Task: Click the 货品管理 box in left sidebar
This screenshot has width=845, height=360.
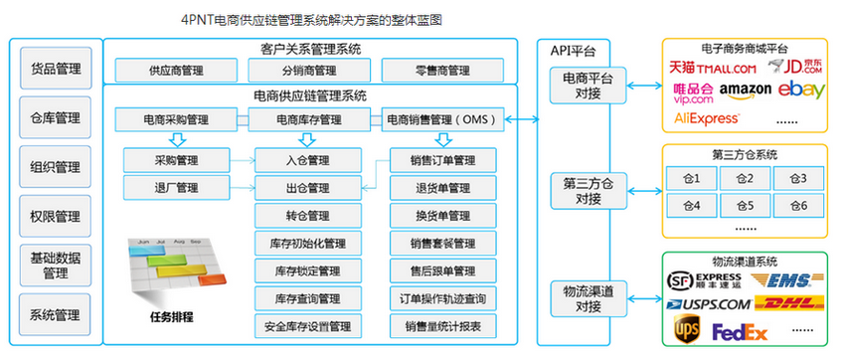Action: click(55, 70)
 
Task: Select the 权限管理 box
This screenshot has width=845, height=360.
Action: click(55, 216)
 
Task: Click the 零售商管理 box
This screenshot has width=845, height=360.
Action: click(439, 71)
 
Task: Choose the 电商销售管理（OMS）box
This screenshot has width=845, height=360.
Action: click(439, 120)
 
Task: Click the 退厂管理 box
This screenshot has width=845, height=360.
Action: click(176, 187)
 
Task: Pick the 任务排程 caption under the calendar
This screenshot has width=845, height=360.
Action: click(165, 317)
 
